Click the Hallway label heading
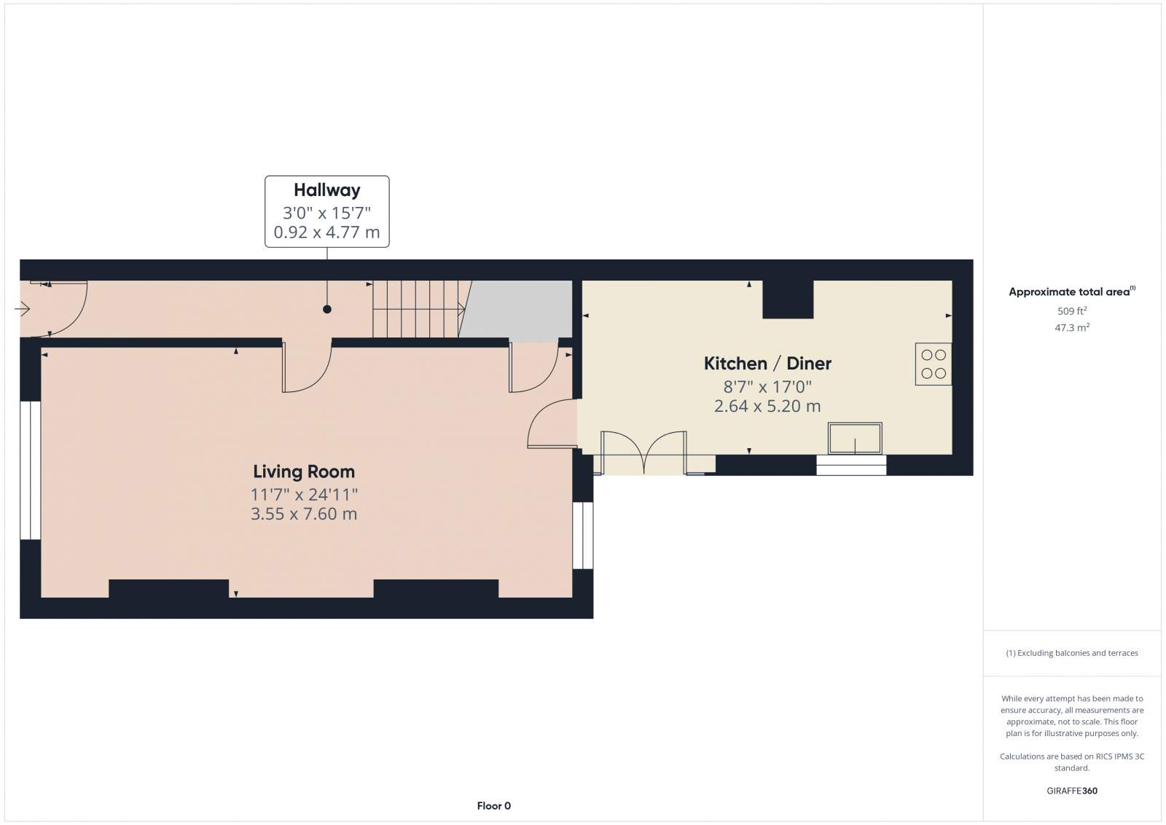326,190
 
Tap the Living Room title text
304,472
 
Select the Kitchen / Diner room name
767,363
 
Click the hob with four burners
934,364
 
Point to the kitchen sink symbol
855,439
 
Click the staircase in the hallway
417,309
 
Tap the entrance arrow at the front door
22,310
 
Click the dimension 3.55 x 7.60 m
304,514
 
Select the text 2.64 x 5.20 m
767,407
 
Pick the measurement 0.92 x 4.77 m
326,232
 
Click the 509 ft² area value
1072,311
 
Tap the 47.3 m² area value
1072,328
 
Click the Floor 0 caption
494,805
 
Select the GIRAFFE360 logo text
1072,791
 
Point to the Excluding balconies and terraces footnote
1072,653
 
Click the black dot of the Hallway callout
327,309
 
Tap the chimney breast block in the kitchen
788,300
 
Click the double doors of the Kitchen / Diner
644,454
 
